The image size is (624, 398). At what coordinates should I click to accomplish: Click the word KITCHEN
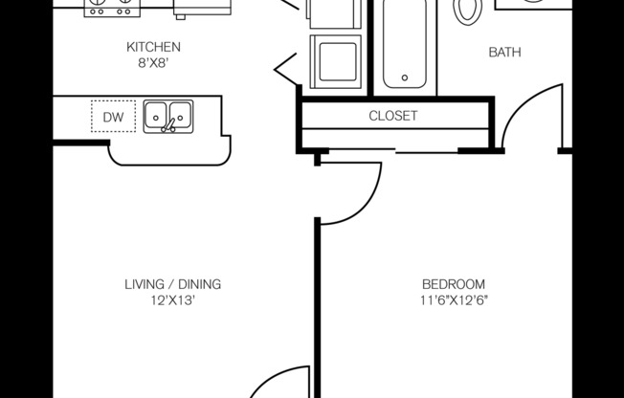click(153, 47)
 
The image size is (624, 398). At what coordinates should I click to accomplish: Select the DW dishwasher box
click(113, 116)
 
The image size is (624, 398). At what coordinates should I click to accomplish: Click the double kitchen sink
click(167, 116)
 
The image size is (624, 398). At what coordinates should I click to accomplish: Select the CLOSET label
click(393, 116)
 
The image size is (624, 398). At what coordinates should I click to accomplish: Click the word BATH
click(504, 53)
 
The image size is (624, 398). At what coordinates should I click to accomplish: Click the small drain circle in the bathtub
click(406, 77)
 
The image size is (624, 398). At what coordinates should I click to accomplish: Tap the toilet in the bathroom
click(468, 10)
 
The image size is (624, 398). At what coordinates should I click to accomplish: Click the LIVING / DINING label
click(172, 284)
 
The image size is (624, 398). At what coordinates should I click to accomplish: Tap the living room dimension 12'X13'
click(172, 299)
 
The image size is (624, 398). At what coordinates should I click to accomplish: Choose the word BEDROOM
click(454, 284)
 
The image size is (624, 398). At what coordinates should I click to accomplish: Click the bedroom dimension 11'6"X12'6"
click(454, 299)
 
